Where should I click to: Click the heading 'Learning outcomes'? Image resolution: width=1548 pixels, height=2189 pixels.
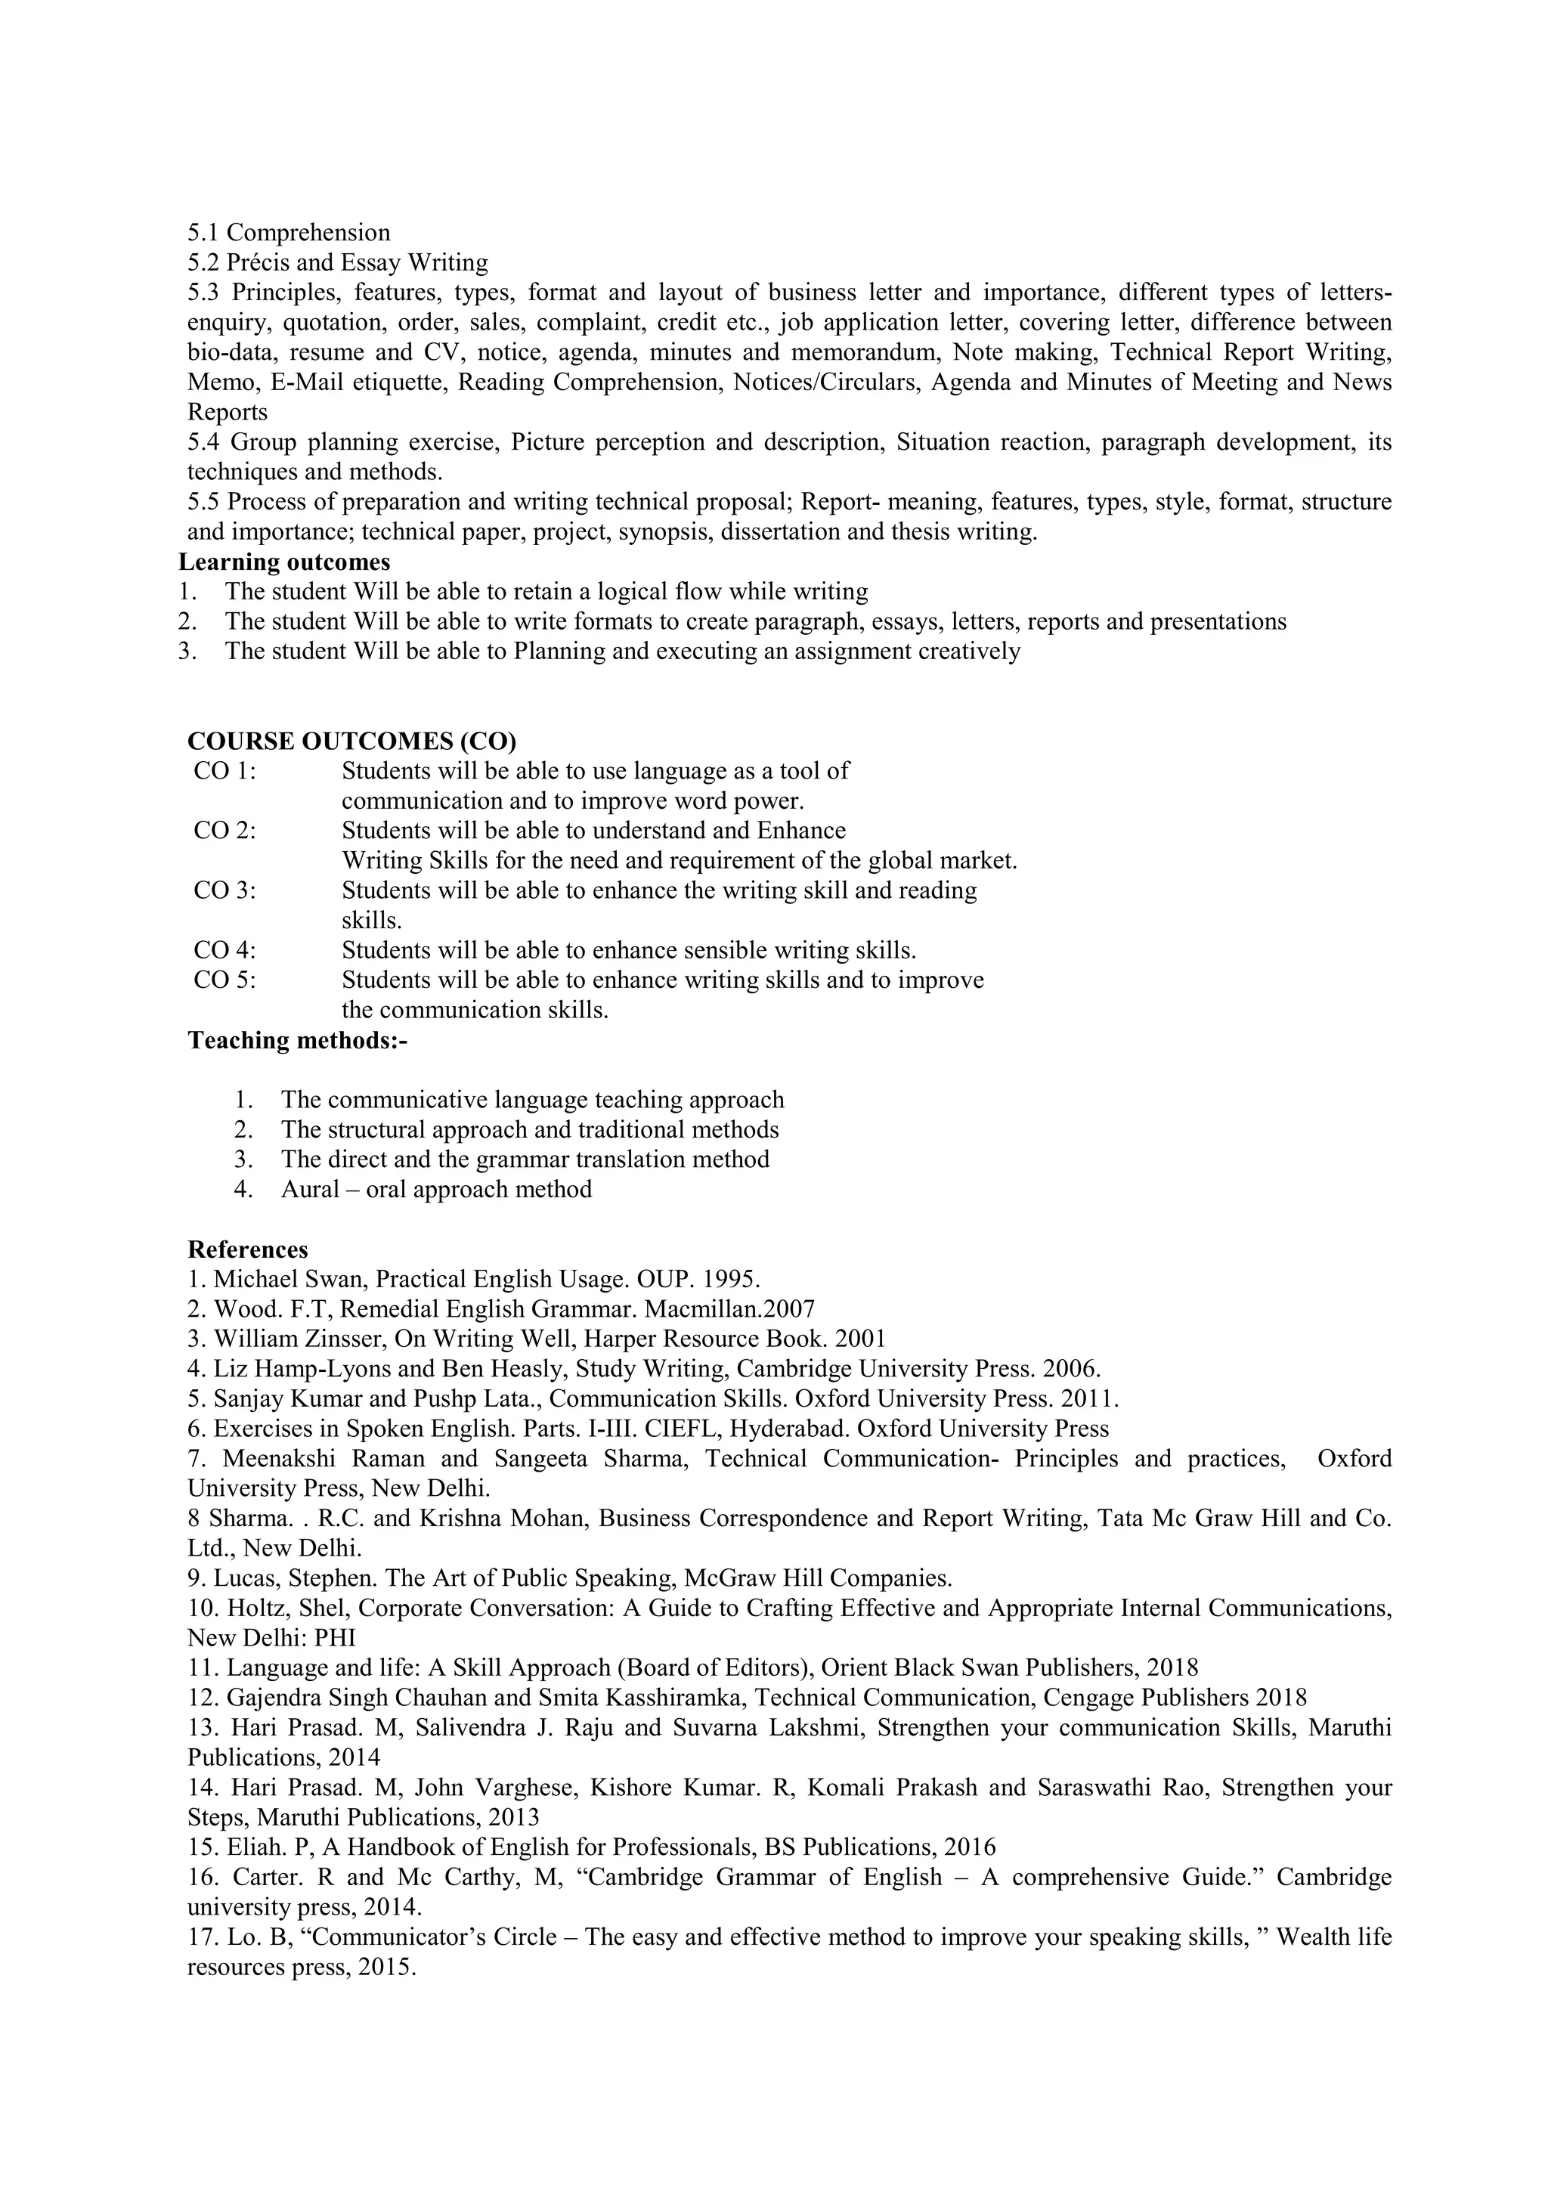284,562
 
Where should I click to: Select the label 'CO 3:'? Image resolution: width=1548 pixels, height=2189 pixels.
225,890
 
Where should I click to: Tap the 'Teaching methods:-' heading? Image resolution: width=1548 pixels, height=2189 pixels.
297,1040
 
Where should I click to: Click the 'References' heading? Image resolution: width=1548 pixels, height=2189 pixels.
248,1249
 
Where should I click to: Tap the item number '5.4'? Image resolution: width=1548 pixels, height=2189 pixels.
205,442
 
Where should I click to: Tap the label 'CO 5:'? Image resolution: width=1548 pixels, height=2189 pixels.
225,980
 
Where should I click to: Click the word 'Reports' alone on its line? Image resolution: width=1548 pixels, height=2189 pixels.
227,413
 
